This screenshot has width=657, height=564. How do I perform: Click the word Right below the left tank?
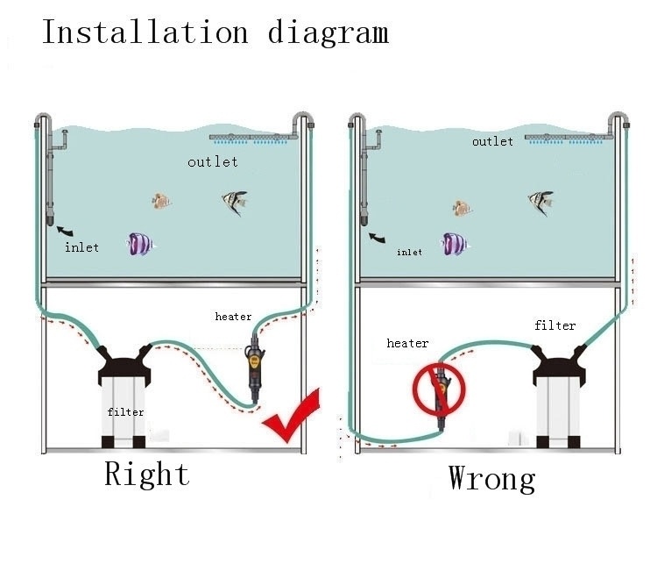(147, 475)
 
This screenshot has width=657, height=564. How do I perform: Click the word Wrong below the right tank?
(491, 479)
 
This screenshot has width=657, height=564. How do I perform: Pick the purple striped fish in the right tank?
(453, 244)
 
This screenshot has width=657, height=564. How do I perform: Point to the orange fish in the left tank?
(159, 201)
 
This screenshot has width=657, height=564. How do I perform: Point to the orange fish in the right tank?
(462, 208)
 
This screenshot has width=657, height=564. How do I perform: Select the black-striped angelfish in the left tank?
(234, 203)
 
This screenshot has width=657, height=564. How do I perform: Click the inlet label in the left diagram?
(82, 247)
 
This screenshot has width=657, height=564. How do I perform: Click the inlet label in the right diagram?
(409, 253)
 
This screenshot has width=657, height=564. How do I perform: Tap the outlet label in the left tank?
(212, 162)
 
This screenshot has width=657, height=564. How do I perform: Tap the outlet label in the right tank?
(492, 141)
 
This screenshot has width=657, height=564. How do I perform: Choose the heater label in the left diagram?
(233, 317)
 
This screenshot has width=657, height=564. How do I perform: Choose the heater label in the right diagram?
(407, 344)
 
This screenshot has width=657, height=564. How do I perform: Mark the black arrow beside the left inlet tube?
(65, 230)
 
